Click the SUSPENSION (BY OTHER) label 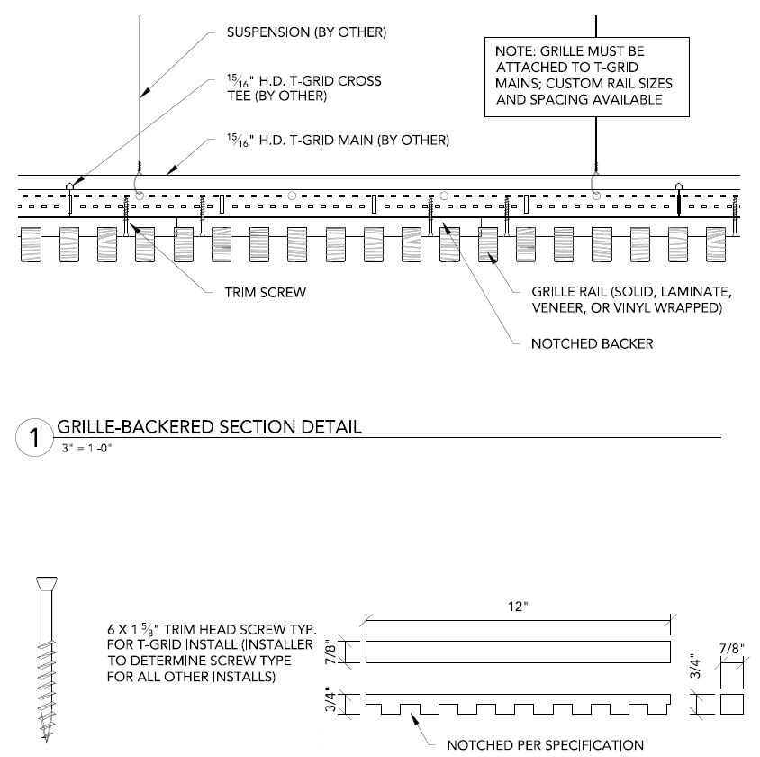306,33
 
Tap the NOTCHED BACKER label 591,343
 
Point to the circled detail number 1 33,439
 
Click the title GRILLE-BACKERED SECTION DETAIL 209,426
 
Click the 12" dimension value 517,608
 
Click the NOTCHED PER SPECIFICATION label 546,744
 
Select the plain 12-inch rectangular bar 517,651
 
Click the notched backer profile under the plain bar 517,701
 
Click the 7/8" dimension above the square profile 731,649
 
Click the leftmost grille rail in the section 33,243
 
